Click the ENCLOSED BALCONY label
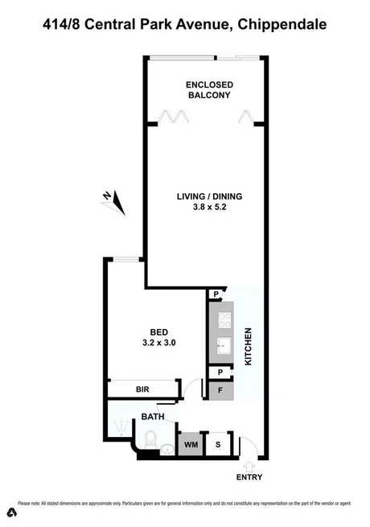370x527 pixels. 208,89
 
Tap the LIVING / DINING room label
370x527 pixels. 209,196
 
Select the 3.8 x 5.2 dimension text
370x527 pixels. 209,208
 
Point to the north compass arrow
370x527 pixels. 117,201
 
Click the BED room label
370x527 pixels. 158,331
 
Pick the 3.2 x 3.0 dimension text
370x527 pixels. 158,343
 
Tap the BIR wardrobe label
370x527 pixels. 142,389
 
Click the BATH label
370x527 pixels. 153,417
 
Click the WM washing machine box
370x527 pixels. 191,444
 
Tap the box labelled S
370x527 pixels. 217,444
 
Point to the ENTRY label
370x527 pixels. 249,477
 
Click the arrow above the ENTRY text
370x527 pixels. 249,465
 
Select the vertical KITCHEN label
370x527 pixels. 249,346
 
